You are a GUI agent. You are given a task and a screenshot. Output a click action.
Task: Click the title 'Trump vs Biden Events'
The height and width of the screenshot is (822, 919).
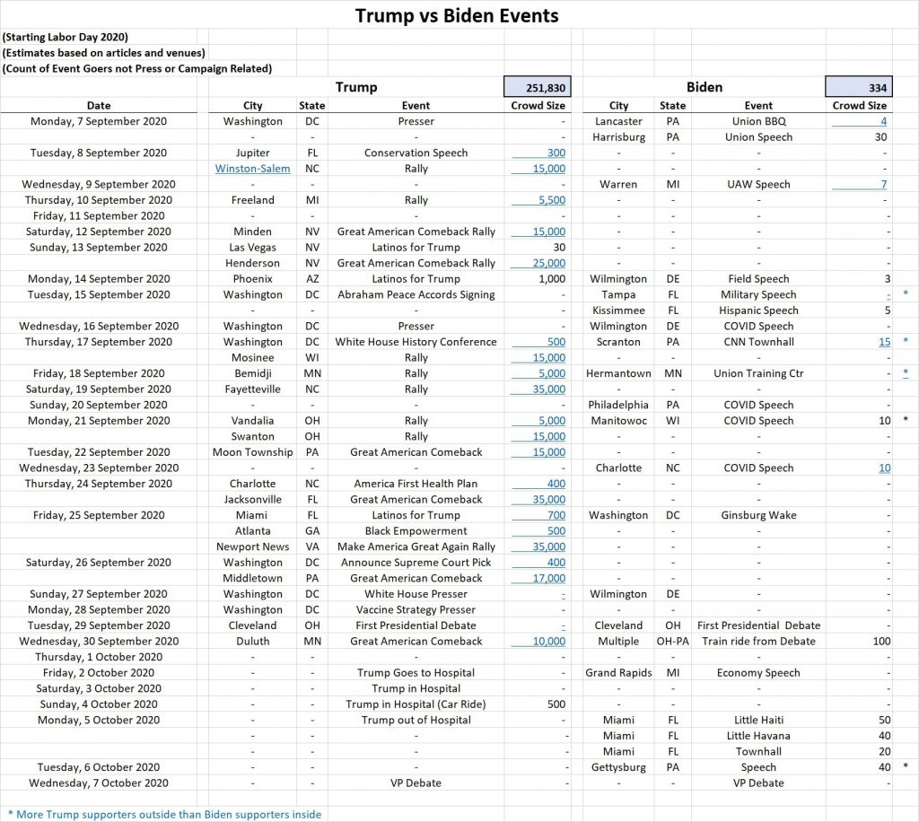[457, 15]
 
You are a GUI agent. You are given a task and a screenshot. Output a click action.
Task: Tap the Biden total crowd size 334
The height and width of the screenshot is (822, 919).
[859, 87]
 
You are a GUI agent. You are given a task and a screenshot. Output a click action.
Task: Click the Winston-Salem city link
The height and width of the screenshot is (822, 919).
[252, 169]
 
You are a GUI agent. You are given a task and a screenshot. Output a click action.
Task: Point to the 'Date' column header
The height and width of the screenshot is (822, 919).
[100, 106]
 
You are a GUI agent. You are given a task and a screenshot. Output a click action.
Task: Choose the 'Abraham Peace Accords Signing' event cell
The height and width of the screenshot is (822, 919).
[416, 294]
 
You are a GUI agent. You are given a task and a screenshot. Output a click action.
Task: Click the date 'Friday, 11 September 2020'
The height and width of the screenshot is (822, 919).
[99, 216]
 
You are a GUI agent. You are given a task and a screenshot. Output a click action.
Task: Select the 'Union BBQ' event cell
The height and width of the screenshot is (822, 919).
[758, 121]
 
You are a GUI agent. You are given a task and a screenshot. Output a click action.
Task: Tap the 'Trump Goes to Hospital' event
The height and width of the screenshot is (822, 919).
[416, 673]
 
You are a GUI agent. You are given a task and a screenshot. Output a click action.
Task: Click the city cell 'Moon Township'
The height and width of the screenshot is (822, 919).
[252, 452]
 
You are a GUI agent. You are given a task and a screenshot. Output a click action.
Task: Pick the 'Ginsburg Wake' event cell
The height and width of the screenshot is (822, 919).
[758, 515]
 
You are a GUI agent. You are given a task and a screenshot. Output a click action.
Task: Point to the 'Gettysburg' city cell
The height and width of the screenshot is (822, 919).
[618, 767]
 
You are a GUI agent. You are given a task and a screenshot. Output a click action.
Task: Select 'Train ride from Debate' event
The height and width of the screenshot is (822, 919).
[758, 642]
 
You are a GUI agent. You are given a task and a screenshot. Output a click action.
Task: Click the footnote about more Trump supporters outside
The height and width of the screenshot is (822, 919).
[163, 814]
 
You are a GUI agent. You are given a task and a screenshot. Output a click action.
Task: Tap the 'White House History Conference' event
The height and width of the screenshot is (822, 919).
[416, 342]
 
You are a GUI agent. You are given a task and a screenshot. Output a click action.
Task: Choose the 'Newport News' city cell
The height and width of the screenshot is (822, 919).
[252, 547]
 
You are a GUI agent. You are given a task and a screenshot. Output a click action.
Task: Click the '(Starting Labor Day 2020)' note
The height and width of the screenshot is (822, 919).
[65, 37]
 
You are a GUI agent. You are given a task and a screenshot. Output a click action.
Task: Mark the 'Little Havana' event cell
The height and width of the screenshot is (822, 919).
[758, 736]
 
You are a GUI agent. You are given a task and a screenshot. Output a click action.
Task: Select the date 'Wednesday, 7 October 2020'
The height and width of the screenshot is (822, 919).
[99, 783]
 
